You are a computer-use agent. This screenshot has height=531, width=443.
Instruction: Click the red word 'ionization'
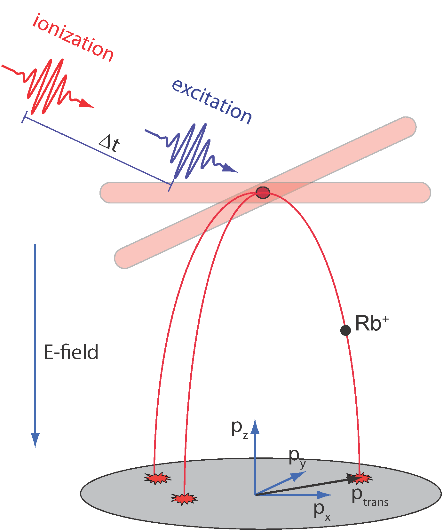tap(73, 38)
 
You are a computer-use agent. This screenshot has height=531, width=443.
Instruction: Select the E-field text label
tap(71, 352)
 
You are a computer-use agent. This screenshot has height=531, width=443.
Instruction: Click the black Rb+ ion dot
tap(345, 330)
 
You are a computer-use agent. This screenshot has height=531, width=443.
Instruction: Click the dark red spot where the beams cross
tap(263, 193)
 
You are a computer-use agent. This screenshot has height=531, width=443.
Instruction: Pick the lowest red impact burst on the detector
tap(184, 499)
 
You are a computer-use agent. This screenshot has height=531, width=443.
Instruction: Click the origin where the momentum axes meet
tap(255, 495)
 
